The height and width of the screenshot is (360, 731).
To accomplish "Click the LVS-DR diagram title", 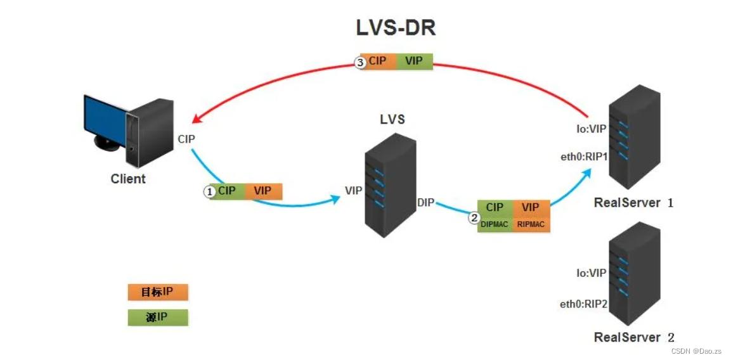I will [x=396, y=29].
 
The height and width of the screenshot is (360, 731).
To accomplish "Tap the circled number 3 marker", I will [x=361, y=63].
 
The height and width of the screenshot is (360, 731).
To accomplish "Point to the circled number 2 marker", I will [x=474, y=217].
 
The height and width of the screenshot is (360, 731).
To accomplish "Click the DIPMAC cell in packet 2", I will [x=495, y=224].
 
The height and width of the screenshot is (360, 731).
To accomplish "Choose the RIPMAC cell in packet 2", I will [x=531, y=224].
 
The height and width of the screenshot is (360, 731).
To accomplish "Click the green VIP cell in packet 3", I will [x=414, y=61].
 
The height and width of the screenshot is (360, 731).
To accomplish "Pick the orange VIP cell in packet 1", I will [x=262, y=190].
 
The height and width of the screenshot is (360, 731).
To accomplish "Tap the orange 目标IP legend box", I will [x=158, y=292].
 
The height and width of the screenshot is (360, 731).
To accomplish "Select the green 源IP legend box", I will [x=158, y=317].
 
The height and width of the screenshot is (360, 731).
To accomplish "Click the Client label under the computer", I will [x=128, y=179].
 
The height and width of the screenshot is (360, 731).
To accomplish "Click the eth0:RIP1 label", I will [x=584, y=157].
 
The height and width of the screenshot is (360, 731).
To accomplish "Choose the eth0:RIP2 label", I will [x=583, y=304].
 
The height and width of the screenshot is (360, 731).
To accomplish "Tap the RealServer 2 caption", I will [x=633, y=337].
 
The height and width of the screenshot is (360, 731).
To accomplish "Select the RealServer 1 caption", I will [x=633, y=203].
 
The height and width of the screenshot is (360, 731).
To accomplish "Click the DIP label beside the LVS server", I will [x=425, y=202].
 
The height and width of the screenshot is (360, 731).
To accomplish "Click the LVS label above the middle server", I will [x=392, y=119].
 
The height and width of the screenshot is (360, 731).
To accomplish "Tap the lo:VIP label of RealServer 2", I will [x=591, y=273].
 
